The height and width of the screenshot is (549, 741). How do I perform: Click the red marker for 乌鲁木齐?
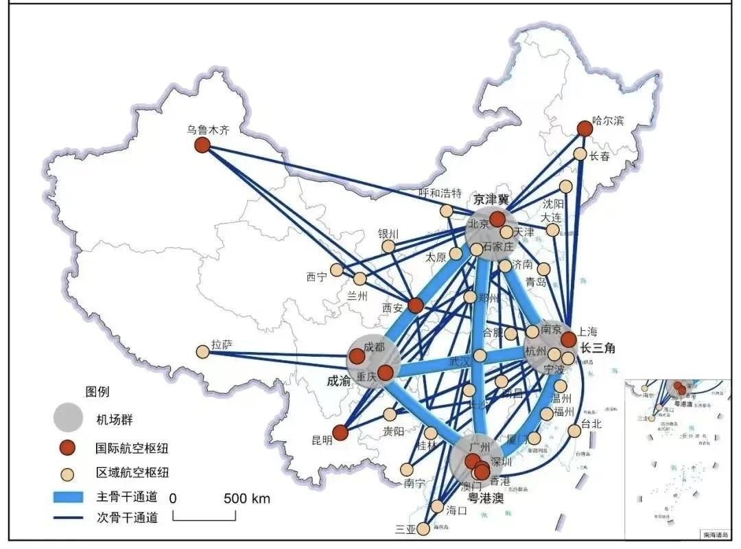(x=202, y=145)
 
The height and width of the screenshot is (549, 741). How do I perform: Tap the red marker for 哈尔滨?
(x=585, y=128)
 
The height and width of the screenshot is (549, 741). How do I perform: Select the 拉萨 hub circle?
(x=202, y=351)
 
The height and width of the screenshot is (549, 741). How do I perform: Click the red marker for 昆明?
(x=340, y=433)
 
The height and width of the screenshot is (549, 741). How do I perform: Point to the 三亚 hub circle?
(x=423, y=529)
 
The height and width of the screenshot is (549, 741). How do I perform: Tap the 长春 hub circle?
(x=580, y=154)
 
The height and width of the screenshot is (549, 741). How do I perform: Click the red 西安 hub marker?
(x=415, y=305)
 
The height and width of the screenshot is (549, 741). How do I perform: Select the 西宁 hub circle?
(x=337, y=270)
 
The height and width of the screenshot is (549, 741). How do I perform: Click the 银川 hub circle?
(x=388, y=246)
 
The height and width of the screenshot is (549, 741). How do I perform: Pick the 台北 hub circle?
(x=574, y=431)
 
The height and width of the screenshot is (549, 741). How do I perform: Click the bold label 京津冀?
(x=491, y=200)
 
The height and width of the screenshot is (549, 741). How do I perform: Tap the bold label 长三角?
(x=597, y=348)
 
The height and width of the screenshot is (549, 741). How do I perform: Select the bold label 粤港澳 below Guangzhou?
(x=486, y=498)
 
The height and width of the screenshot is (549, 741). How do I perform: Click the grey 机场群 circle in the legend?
(x=69, y=417)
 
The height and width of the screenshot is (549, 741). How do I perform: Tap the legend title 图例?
(x=97, y=392)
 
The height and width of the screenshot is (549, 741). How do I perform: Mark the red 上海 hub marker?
(x=568, y=340)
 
